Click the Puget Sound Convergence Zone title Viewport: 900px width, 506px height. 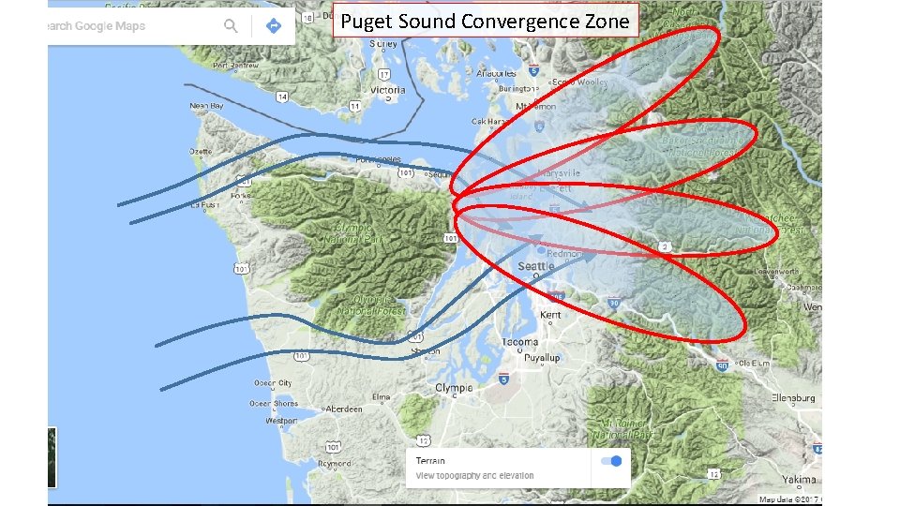[485, 21]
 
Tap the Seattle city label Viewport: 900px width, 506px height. [536, 266]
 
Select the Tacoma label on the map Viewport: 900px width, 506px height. [519, 343]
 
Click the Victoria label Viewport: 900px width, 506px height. [388, 90]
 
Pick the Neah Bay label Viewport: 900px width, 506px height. [207, 106]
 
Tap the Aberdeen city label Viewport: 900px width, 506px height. [343, 409]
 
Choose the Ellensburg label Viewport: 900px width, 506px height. [792, 398]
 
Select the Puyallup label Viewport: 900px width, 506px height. [542, 358]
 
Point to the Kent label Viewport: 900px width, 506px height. [550, 315]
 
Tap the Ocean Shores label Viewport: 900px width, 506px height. [273, 404]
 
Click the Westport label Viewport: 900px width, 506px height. [281, 422]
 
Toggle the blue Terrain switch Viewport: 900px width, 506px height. [611, 461]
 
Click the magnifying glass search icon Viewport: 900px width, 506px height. [231, 26]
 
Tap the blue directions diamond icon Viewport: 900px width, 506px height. [274, 26]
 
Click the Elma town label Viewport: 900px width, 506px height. [381, 397]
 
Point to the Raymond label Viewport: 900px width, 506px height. [335, 464]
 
